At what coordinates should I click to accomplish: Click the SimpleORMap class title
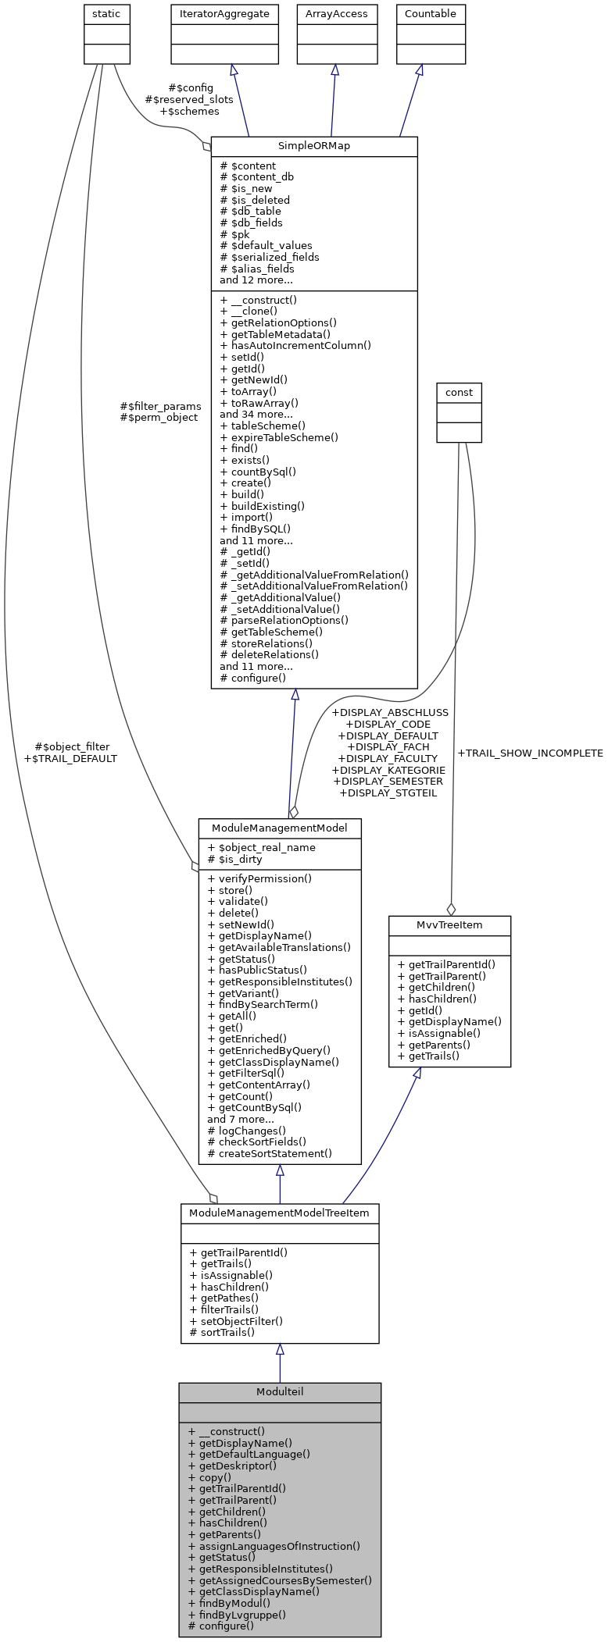pyautogui.click(x=314, y=146)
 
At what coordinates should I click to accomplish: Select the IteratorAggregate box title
pyautogui.click(x=224, y=14)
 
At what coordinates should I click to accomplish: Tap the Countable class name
pyautogui.click(x=430, y=14)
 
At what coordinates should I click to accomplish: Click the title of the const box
pyautogui.click(x=459, y=392)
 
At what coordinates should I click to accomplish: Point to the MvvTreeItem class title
pyautogui.click(x=449, y=924)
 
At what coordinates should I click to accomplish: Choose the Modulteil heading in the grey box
pyautogui.click(x=280, y=1391)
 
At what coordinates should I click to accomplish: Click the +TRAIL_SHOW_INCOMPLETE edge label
pyautogui.click(x=530, y=753)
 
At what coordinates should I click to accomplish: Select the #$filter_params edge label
pyautogui.click(x=160, y=406)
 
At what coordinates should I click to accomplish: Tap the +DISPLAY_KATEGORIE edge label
pyautogui.click(x=388, y=770)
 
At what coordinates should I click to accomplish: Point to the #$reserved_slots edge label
pyautogui.click(x=189, y=100)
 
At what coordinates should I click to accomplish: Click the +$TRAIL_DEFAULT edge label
pyautogui.click(x=70, y=758)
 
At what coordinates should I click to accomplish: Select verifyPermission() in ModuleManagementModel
pyautogui.click(x=259, y=878)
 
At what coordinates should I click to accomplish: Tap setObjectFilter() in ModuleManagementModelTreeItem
pyautogui.click(x=236, y=1321)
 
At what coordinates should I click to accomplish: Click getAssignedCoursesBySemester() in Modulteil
pyautogui.click(x=280, y=1580)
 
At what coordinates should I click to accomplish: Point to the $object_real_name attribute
pyautogui.click(x=261, y=847)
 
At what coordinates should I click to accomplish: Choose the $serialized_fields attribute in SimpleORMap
pyautogui.click(x=270, y=257)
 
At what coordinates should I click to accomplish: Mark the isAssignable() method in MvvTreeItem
pyautogui.click(x=438, y=1033)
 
